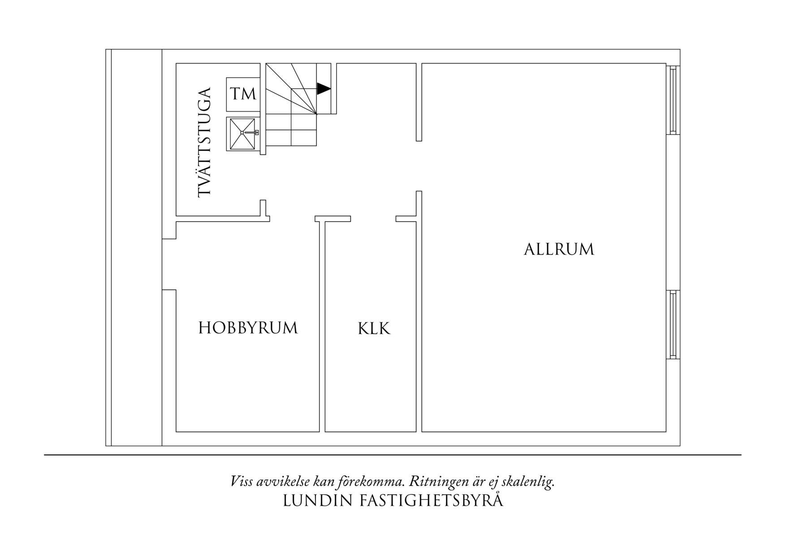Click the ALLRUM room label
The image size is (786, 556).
coord(559,249)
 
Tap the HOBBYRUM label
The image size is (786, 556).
coord(248,328)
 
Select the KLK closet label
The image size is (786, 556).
coord(374,329)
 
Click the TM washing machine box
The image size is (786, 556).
coord(243,94)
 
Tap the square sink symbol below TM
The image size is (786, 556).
coord(243,134)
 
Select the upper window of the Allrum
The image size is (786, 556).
coord(673,100)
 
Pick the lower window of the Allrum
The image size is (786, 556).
coord(673,325)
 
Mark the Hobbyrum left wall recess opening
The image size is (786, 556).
coord(169,265)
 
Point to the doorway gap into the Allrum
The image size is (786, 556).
coord(419,166)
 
